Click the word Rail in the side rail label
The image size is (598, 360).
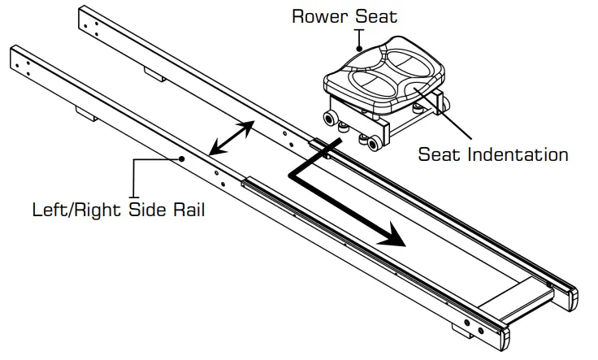[x=184, y=210]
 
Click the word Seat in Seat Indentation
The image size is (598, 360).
[x=438, y=153]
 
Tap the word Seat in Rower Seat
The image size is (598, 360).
[x=378, y=16]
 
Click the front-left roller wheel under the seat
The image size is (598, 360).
[x=332, y=121]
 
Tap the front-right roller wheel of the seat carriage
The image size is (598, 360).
[x=373, y=145]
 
